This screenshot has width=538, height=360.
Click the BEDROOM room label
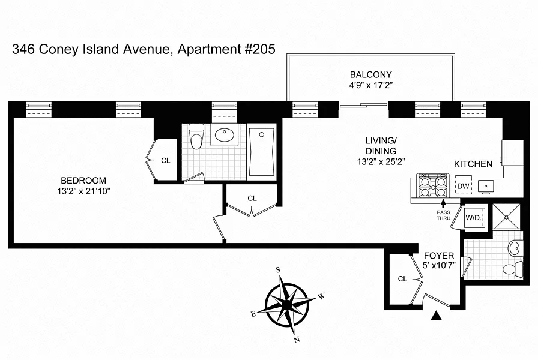click(83, 181)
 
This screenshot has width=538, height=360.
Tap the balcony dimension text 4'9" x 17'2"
click(371, 85)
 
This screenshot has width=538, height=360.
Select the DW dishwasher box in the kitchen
click(463, 186)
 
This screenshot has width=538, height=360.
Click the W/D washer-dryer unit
click(474, 217)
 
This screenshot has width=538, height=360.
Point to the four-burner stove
click(433, 185)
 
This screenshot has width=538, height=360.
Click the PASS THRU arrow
click(443, 203)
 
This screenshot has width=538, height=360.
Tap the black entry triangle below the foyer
click(436, 316)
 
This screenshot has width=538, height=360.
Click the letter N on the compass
click(297, 340)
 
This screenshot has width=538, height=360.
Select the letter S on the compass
click(278, 270)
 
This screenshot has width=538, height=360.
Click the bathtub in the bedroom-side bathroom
click(262, 152)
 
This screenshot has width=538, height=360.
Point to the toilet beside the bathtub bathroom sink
click(196, 137)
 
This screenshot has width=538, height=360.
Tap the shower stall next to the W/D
click(506, 217)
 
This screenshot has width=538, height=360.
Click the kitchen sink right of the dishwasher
click(486, 186)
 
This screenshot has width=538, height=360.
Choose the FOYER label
click(439, 256)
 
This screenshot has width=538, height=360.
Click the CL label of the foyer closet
click(402, 279)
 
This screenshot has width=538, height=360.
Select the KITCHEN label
click(473, 164)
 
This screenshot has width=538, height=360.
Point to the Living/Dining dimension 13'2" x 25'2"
click(381, 161)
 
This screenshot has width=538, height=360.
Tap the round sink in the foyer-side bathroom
click(514, 248)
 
